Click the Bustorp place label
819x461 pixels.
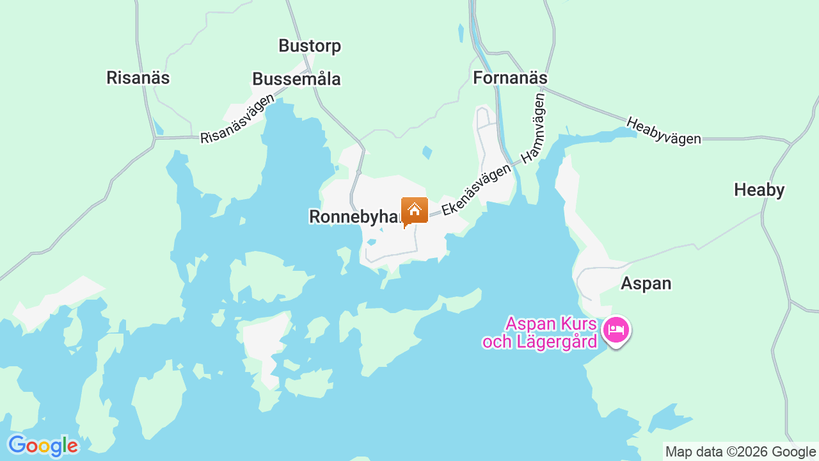(x=310, y=46)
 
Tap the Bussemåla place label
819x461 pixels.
(x=296, y=79)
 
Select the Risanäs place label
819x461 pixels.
(x=138, y=78)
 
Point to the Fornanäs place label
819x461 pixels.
(x=510, y=78)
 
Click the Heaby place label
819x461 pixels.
(x=759, y=190)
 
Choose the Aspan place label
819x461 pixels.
(x=646, y=284)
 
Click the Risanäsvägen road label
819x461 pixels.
(x=237, y=119)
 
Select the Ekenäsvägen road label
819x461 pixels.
(x=476, y=189)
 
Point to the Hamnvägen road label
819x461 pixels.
(x=533, y=129)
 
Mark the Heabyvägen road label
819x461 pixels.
(x=664, y=131)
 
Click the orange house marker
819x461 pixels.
(x=415, y=210)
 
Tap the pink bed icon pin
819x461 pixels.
(x=616, y=330)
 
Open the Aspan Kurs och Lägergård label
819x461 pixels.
(x=541, y=332)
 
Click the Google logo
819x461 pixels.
(x=43, y=446)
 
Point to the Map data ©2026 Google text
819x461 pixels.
(x=741, y=452)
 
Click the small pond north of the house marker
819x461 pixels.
(x=427, y=152)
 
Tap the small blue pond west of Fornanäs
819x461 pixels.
(x=461, y=33)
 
